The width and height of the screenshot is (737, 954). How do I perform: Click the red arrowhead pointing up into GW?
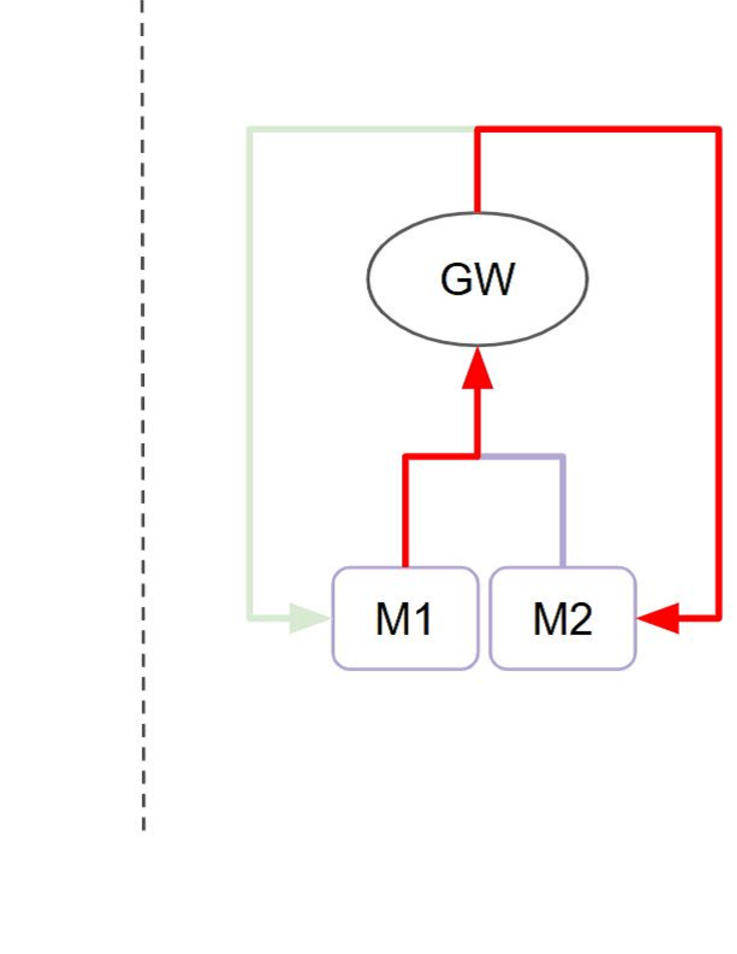(x=477, y=371)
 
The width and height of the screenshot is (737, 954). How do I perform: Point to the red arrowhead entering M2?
(x=659, y=619)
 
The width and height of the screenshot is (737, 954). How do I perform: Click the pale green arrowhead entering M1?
(x=308, y=619)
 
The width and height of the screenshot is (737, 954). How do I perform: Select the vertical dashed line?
(x=143, y=403)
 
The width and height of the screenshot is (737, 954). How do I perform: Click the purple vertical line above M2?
(x=563, y=511)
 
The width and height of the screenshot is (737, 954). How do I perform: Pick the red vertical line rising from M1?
(x=405, y=511)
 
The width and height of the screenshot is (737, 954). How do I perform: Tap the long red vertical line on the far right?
(x=719, y=372)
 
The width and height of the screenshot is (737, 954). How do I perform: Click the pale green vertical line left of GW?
(x=251, y=372)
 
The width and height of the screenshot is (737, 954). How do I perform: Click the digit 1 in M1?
(x=424, y=619)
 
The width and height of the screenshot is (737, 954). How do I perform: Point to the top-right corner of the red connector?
(x=719, y=130)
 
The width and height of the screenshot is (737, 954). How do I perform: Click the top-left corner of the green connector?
(x=251, y=130)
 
